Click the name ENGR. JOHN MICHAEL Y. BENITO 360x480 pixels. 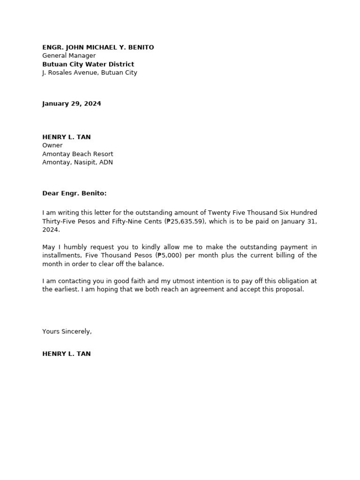point(98,47)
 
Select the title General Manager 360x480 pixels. point(69,56)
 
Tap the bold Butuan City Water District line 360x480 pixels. point(88,64)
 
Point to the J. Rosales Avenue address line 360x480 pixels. point(90,73)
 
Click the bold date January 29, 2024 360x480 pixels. point(72,104)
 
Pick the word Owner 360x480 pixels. point(52,145)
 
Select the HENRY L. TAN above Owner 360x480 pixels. point(67,137)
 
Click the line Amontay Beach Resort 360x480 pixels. point(78,154)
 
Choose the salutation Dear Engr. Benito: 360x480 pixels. point(75,193)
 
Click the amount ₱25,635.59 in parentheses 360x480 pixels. point(185,221)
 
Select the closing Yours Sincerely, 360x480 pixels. point(67,331)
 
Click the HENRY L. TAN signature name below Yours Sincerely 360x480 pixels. point(67,354)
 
